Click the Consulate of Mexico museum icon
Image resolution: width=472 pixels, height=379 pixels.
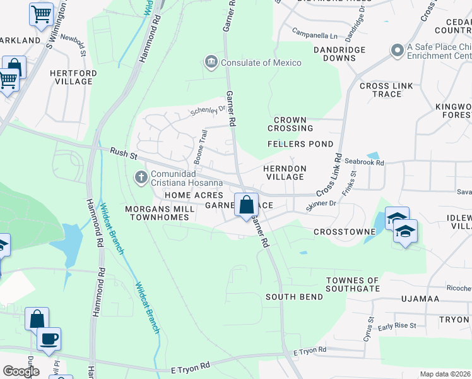[x=211, y=62]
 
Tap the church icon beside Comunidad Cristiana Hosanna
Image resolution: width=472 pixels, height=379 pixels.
[x=140, y=177]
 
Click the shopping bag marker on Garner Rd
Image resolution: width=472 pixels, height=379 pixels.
[x=246, y=205]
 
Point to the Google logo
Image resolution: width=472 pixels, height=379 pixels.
[x=21, y=371]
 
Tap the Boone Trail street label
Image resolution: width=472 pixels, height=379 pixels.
[x=199, y=147]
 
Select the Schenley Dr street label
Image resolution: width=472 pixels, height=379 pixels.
[x=208, y=111]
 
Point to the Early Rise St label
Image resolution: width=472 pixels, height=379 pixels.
[x=397, y=326]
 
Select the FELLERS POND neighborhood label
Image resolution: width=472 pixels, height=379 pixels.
[x=300, y=144]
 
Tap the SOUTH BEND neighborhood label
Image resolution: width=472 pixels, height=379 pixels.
[x=294, y=297]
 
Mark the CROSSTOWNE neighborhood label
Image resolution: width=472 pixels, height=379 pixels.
[x=345, y=232]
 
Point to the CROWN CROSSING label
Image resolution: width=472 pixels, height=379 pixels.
[x=290, y=124]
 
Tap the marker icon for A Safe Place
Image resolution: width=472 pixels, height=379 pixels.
[x=397, y=50]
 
